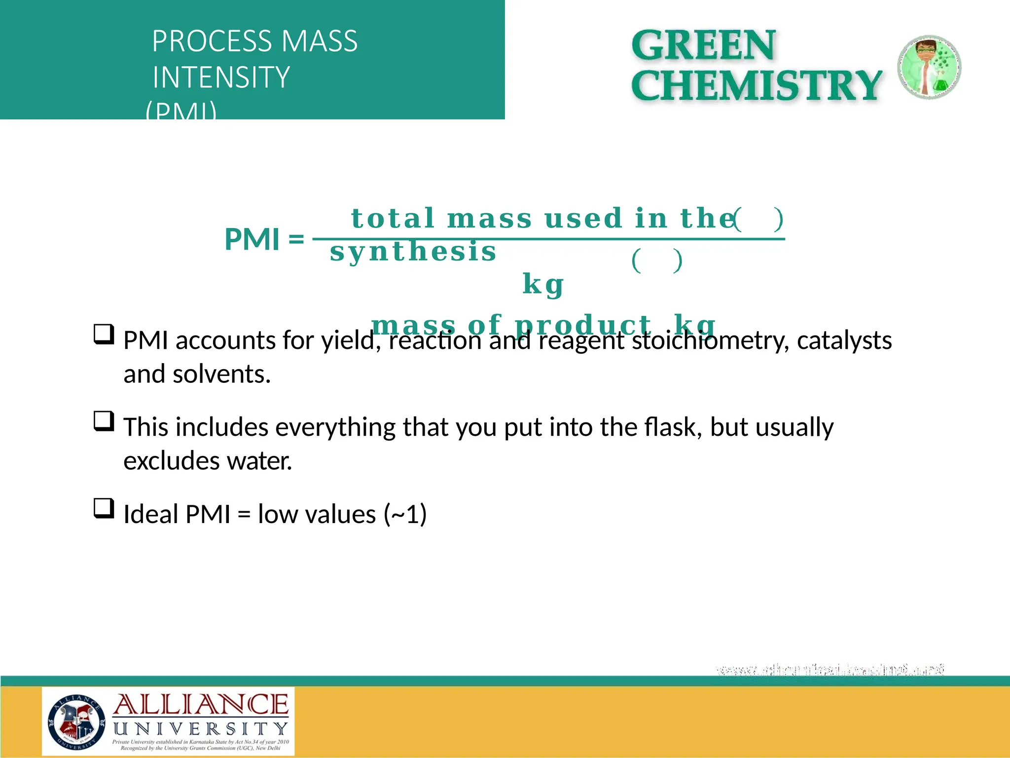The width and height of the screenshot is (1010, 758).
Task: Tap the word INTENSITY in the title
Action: point(221,77)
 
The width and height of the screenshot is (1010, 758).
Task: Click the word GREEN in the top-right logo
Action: point(703,45)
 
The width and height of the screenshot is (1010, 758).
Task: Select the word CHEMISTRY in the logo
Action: point(756,85)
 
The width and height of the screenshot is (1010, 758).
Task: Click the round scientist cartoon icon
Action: point(929,67)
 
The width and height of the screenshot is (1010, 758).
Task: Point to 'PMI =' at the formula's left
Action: point(264,239)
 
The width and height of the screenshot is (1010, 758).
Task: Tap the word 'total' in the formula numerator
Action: point(392,218)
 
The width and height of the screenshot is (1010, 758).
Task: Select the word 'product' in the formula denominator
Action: point(582,325)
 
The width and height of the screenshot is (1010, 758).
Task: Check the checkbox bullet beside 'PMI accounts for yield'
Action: point(104,334)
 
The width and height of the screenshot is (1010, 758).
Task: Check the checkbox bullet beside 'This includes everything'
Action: point(104,421)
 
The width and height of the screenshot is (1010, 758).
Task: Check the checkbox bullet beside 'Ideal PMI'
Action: point(104,508)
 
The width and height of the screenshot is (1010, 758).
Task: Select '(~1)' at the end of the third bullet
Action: point(405,514)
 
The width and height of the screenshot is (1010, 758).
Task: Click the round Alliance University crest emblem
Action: point(76,721)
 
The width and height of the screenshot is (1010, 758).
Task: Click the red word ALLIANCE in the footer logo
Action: point(201,705)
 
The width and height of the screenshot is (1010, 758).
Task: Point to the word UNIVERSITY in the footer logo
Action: point(201,728)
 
